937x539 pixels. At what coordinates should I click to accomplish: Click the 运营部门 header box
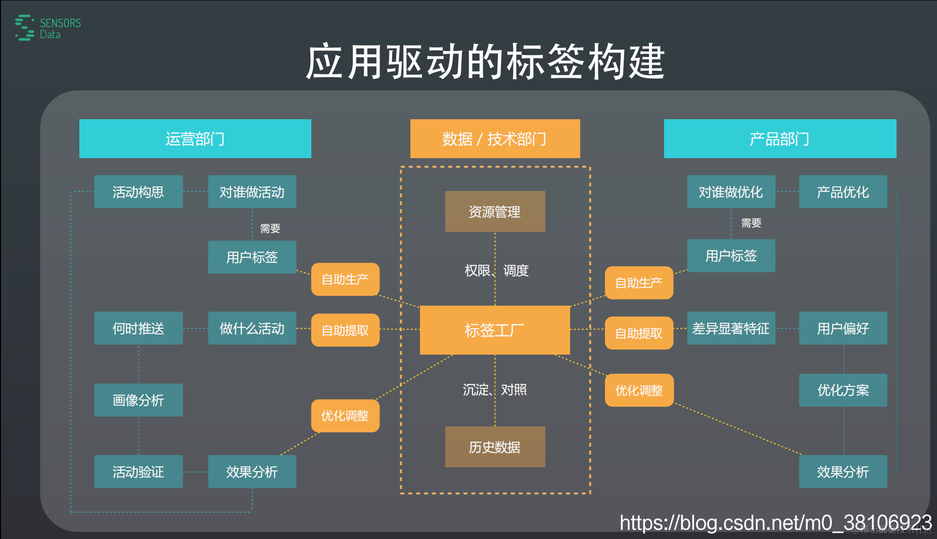pos(195,139)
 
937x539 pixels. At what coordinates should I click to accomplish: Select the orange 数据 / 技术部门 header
pos(495,139)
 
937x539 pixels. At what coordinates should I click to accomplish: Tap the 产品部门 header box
pos(780,139)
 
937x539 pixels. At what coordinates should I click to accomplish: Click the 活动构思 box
pos(138,192)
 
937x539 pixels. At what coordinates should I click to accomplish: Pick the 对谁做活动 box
pos(252,192)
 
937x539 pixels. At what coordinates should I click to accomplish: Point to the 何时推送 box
pos(138,328)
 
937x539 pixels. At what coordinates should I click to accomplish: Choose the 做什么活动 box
pos(252,328)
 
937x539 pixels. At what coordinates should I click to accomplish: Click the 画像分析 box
pos(138,400)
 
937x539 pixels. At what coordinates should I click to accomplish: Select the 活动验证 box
pos(138,472)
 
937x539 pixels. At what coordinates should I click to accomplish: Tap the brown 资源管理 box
pos(495,212)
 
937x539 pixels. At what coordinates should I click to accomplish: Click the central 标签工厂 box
pos(495,330)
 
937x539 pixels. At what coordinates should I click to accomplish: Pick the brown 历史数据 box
pos(495,447)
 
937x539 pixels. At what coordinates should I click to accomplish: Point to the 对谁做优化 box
pos(731,192)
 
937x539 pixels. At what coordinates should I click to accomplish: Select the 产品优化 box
pos(843,192)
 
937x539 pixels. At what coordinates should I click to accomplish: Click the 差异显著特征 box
pos(731,328)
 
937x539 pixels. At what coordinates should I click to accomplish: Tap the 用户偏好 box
pos(843,328)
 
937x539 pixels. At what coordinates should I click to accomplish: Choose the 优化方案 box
pos(843,390)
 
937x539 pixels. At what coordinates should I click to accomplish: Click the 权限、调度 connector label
pos(496,271)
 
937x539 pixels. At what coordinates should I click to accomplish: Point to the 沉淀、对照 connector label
pos(495,390)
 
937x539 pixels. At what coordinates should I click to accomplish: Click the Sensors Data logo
pos(48,28)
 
